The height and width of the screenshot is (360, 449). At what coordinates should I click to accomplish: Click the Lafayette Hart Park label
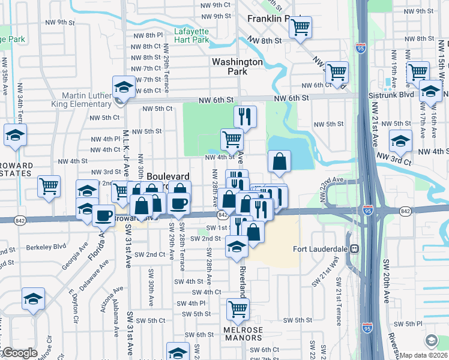(191, 35)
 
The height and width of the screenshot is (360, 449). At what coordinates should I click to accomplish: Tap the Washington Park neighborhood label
(237, 66)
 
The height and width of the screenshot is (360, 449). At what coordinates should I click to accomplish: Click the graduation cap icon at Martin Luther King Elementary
(124, 87)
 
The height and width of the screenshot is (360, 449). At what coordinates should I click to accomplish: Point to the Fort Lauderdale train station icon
(355, 248)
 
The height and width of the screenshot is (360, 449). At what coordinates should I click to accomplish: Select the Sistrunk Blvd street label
(398, 95)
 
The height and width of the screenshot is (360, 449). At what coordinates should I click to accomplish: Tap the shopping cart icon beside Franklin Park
(300, 26)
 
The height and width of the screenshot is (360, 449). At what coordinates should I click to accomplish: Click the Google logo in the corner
(19, 353)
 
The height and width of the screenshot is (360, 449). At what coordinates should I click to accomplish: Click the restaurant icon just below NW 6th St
(245, 116)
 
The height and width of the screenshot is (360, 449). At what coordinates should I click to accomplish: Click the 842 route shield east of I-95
(405, 211)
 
